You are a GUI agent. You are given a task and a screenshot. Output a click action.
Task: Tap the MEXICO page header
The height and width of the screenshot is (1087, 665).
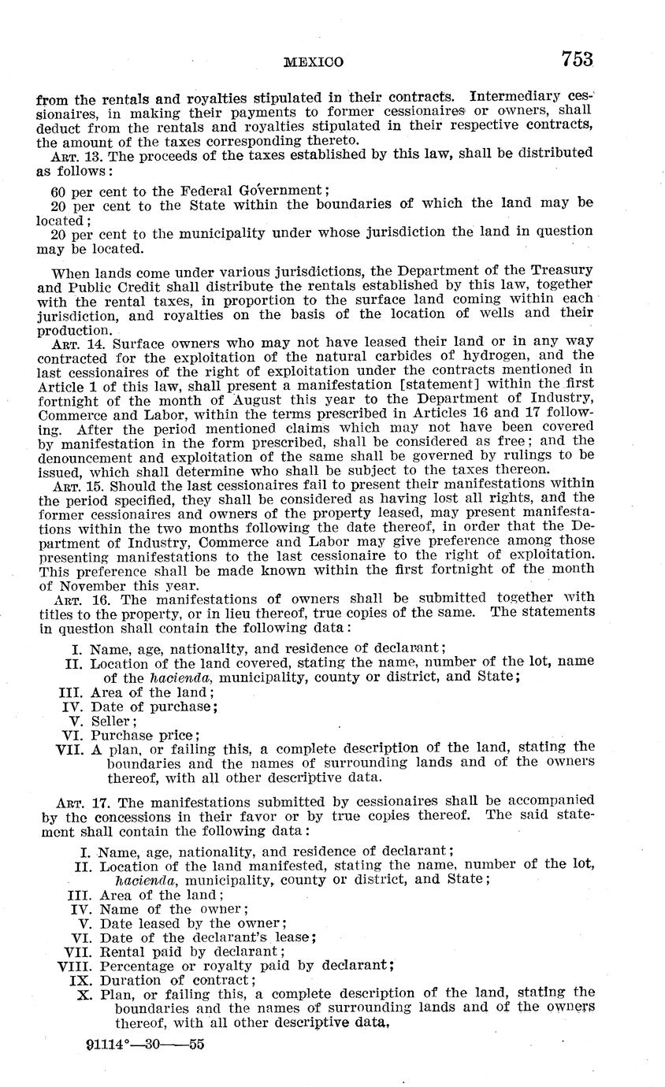click(x=313, y=62)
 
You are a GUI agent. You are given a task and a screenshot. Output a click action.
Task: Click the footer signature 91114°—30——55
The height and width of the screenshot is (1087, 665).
click(x=146, y=1047)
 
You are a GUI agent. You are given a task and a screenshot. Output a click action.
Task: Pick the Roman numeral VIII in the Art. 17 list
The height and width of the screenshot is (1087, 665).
click(x=75, y=966)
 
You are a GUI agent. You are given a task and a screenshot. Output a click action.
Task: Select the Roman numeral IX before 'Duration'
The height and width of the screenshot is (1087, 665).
click(x=83, y=981)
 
